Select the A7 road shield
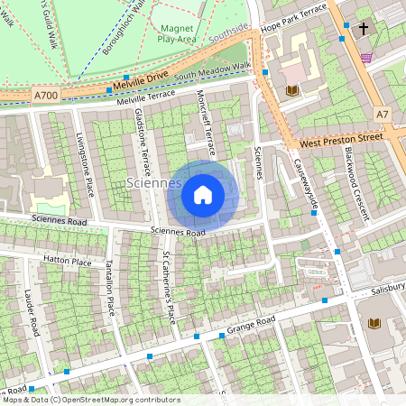pyautogui.click(x=383, y=115)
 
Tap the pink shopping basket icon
pyautogui.click(x=365, y=57)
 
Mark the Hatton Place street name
pyautogui.click(x=68, y=261)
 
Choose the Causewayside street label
pyautogui.click(x=307, y=184)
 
